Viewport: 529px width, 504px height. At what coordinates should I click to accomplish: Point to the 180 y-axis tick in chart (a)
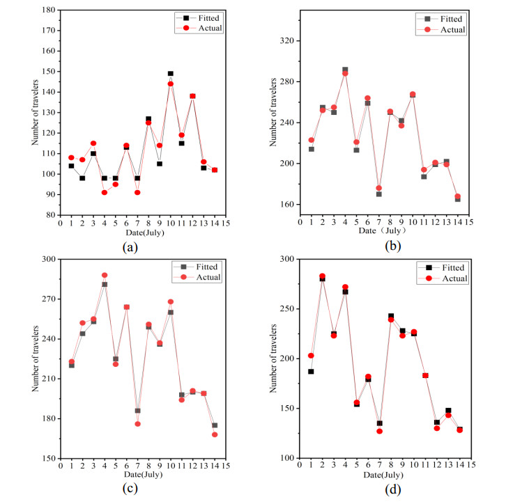(48, 10)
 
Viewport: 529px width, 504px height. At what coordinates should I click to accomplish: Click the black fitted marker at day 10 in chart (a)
(171, 73)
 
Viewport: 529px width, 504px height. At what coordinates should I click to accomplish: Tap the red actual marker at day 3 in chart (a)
(93, 143)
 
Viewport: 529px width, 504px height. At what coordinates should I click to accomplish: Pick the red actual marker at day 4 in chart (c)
(105, 275)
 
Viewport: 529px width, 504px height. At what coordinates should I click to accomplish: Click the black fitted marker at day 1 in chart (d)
(311, 371)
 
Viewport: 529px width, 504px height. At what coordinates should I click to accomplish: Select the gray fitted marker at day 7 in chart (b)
(378, 194)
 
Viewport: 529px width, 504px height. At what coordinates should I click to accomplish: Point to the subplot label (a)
(129, 247)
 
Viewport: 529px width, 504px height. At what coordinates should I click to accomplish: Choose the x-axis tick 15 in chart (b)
(469, 222)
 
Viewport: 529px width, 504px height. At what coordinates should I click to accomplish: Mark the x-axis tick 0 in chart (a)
(60, 223)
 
